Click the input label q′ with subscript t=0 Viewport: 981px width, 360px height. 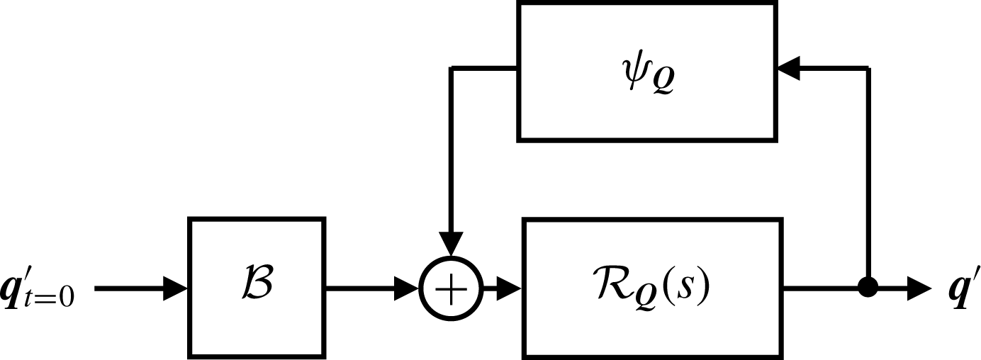(40, 291)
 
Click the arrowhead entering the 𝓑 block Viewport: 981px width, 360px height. (176, 288)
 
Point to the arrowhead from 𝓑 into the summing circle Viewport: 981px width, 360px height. (408, 288)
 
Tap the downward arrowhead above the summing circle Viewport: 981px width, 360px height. (451, 245)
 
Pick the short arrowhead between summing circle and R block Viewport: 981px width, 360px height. (510, 288)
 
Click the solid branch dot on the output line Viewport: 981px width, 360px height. (868, 288)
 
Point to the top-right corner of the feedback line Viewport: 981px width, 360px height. (868, 69)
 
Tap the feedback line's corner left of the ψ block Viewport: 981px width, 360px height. (452, 69)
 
